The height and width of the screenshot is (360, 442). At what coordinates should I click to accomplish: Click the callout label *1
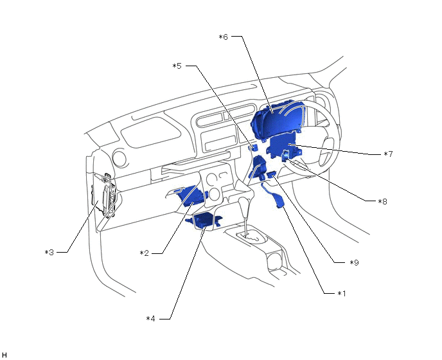(x=342, y=293)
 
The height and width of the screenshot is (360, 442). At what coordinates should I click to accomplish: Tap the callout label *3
(x=49, y=253)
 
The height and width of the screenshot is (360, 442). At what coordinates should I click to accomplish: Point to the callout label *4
(x=150, y=318)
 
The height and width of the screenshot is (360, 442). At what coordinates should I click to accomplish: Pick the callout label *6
(x=223, y=37)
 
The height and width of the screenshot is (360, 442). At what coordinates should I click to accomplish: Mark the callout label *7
(x=387, y=154)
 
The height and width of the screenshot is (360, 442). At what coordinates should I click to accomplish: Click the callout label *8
(x=382, y=201)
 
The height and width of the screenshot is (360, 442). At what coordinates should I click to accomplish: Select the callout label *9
(x=353, y=262)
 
